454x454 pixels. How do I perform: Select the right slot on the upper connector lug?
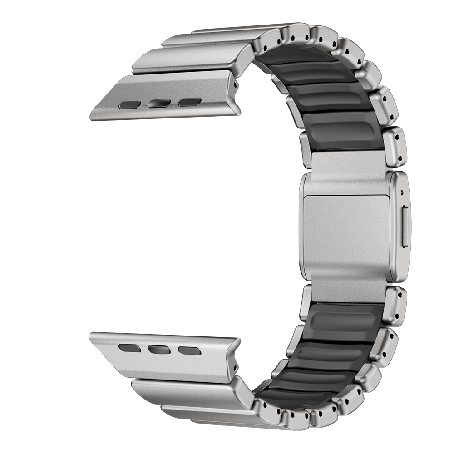click(189, 102)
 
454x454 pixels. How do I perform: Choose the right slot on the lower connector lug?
click(189, 350)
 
